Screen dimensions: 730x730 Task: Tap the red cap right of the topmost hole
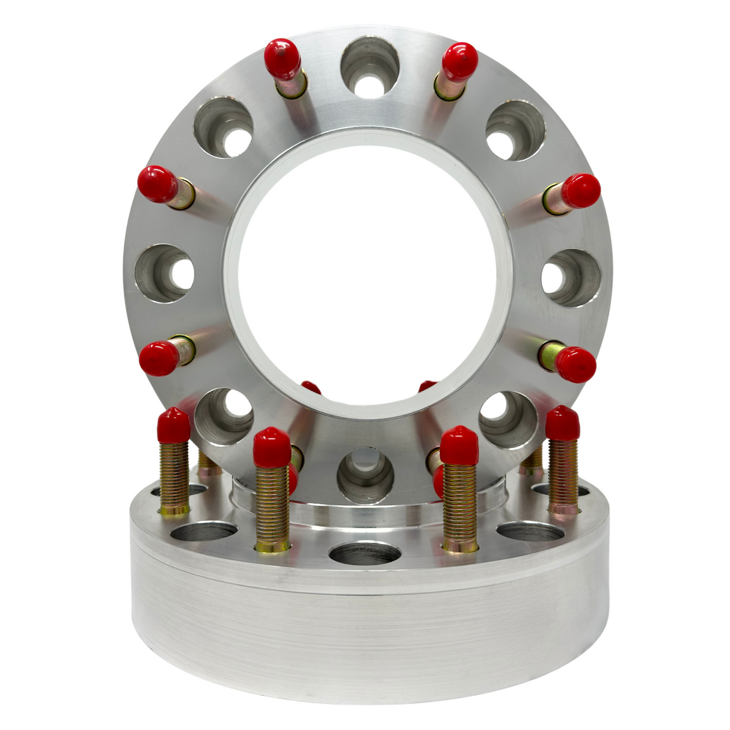[x=459, y=61]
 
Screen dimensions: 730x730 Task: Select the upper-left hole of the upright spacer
[x=224, y=127]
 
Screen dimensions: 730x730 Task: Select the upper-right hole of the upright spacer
[x=515, y=130]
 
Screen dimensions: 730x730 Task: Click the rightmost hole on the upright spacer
[x=571, y=278]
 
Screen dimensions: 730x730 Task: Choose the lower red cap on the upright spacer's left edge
[x=159, y=358]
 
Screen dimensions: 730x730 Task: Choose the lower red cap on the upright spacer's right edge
[x=576, y=364]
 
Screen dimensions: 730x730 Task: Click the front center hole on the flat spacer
[x=365, y=552]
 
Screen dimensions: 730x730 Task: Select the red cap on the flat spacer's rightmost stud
[x=563, y=422]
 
